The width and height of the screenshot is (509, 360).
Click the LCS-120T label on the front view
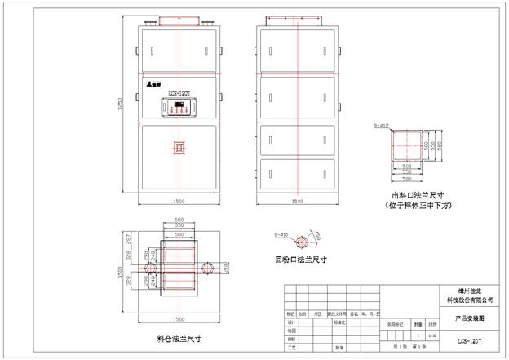click(x=179, y=95)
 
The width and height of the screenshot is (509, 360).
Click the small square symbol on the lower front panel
click(x=179, y=149)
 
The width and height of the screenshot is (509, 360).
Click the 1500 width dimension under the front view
click(x=179, y=200)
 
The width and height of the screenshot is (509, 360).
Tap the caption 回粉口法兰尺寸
click(x=301, y=260)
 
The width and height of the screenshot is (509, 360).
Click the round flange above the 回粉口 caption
click(x=301, y=242)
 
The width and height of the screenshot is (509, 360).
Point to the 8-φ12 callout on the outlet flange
click(x=381, y=127)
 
